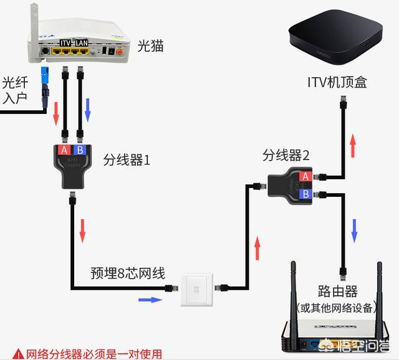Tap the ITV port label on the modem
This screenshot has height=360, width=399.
click(67, 42)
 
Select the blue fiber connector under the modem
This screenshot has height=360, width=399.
click(46, 75)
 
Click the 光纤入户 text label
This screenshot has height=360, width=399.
click(16, 91)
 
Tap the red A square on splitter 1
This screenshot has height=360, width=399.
click(64, 150)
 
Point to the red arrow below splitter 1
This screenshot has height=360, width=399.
click(82, 231)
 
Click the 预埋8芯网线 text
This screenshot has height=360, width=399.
click(128, 272)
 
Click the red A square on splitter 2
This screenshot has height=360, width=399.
click(305, 176)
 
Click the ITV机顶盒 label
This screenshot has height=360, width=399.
click(337, 82)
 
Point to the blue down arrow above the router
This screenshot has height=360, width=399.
click(355, 230)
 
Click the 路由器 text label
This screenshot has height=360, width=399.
click(337, 291)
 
